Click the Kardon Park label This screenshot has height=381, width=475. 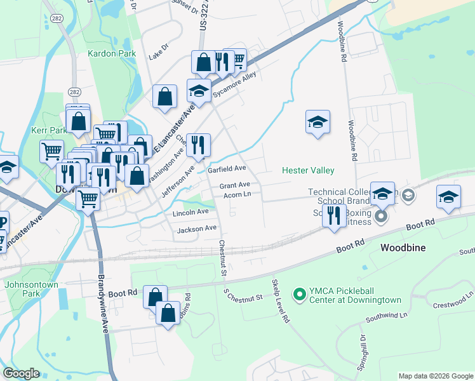(x=112, y=54)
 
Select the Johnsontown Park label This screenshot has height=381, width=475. (x=31, y=289)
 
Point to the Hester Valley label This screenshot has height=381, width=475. (x=308, y=170)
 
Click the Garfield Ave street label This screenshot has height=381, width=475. (x=227, y=170)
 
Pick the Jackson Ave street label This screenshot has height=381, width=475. (x=197, y=229)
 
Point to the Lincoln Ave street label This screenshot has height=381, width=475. (x=191, y=212)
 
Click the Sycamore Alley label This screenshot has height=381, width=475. (x=234, y=84)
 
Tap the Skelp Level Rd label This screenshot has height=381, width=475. (x=280, y=301)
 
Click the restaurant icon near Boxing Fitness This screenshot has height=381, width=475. (x=333, y=215)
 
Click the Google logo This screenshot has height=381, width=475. (x=21, y=373)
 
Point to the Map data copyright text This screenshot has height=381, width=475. (x=435, y=376)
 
